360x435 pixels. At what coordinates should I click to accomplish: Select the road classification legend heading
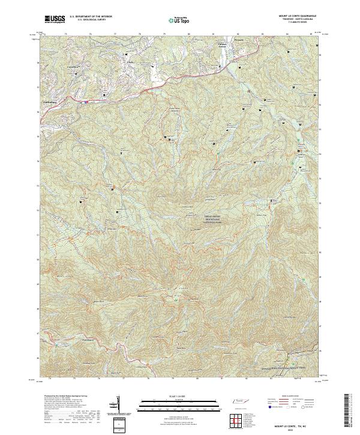287,397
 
